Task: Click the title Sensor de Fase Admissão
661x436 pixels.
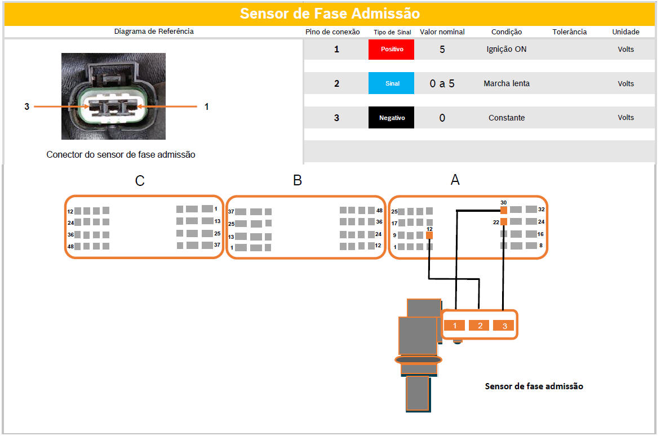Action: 330,14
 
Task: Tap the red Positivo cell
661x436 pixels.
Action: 391,49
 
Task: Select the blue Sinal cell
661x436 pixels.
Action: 391,83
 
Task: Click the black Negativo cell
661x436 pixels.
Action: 391,118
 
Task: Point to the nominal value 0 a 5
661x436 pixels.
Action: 442,83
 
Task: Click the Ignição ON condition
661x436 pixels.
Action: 506,49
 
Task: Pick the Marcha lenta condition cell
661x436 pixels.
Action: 506,83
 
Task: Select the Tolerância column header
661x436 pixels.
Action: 570,32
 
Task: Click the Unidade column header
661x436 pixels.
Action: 625,32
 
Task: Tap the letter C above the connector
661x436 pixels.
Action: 140,181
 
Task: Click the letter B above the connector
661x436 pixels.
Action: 297,180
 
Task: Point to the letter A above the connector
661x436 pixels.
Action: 455,180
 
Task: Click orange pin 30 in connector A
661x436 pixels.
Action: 503,210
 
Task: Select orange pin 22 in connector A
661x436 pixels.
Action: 503,221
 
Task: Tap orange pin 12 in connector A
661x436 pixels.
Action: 429,235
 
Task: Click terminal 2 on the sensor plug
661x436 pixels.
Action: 480,326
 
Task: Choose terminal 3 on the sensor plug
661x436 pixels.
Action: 504,326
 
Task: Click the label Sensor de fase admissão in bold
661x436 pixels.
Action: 534,386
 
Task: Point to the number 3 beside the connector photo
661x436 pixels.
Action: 27,106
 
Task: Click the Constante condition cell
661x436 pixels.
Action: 506,118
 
